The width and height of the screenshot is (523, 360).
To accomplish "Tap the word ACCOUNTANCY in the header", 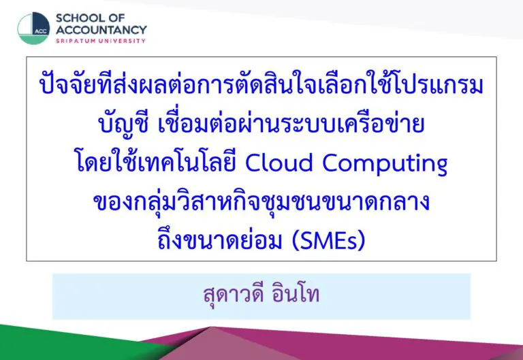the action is pos(101,30).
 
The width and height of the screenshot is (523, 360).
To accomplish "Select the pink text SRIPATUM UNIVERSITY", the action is pos(101,41).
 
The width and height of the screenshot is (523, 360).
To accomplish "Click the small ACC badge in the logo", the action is pos(41,31).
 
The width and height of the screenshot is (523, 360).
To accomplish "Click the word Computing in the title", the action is pos(385,164).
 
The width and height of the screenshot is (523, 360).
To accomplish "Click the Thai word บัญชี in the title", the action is pos(123,123).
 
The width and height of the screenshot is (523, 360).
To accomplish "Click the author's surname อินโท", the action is pos(296,293).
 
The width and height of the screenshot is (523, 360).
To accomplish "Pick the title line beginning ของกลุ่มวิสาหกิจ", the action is pos(261,201).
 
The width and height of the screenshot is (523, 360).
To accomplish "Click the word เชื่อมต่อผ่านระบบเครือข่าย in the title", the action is pos(291,122).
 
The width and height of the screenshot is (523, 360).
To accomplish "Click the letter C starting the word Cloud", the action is pos(254,163).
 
